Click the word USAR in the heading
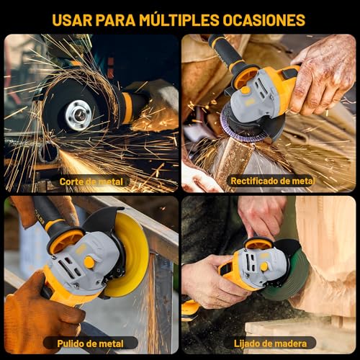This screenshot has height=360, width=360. [76, 19]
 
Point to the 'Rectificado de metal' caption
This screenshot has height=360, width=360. [272, 181]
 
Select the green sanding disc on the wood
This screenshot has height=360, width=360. [292, 288]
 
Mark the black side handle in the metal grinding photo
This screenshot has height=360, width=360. [227, 54]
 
